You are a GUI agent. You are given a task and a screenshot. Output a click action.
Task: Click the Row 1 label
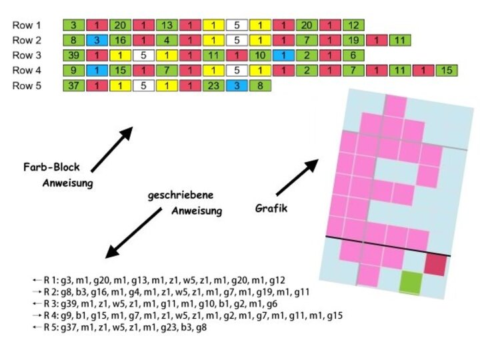click(27, 25)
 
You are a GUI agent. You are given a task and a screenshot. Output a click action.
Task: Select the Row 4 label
click(27, 70)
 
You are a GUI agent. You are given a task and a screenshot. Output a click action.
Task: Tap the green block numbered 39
click(73, 55)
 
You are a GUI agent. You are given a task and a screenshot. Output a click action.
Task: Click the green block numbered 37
click(73, 85)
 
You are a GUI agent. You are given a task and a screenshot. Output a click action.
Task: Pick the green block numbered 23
click(213, 85)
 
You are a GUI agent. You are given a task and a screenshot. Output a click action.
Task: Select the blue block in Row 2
click(97, 40)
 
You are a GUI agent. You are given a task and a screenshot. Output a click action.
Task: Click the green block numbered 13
click(167, 25)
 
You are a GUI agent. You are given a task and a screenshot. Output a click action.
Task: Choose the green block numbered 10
click(260, 55)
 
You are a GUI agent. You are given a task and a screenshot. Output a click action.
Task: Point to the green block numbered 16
click(120, 40)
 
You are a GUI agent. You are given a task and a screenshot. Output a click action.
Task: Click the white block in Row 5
click(143, 85)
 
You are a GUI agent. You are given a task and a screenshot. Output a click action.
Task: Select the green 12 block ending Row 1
click(353, 25)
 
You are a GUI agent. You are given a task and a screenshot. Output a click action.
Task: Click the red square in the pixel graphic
click(435, 264)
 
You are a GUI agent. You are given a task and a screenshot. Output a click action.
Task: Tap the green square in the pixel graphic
click(411, 282)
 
